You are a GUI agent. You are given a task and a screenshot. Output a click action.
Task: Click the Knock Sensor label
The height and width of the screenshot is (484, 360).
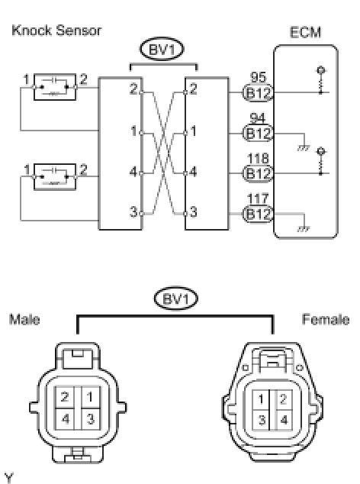(x=56, y=31)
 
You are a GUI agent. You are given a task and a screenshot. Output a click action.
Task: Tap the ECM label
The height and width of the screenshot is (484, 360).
(x=305, y=32)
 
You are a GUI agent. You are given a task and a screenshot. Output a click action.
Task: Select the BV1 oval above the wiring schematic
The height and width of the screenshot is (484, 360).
(x=162, y=49)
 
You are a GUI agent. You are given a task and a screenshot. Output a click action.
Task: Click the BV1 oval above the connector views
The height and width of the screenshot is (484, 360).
(x=176, y=298)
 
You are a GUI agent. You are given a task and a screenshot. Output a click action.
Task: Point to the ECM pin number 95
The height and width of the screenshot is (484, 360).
(x=258, y=77)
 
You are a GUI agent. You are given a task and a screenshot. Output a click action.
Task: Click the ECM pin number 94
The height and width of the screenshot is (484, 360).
(x=258, y=118)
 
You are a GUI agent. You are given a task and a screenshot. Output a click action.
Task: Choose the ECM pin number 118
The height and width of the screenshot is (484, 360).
(x=258, y=158)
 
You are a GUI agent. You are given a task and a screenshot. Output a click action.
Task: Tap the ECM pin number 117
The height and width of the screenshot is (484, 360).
(x=258, y=198)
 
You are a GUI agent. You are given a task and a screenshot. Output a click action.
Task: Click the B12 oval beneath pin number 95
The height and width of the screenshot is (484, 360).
(x=259, y=92)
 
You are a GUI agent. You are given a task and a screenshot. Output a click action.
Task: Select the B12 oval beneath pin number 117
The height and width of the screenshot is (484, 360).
(x=259, y=214)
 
